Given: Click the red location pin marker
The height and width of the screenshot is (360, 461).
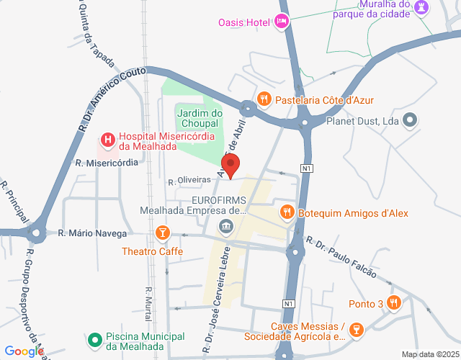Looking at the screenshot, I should coord(231,166).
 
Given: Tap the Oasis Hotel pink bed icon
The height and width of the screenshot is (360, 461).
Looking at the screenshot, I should coord(282,22).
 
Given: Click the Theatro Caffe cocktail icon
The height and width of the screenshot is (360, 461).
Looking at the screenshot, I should coord(163,233).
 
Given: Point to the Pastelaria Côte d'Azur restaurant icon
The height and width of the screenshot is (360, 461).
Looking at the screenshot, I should coord(265,99).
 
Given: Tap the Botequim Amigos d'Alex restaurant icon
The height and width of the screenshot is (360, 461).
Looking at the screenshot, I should coord(287,212).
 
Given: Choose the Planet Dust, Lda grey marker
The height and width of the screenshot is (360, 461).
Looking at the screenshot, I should coord(411,121).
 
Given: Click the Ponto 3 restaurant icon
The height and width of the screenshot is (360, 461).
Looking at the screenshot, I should coord(393,302).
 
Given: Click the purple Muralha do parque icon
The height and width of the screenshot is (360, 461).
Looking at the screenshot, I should coord(424,9).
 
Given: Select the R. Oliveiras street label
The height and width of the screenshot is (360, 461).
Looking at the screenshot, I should coord(189,181).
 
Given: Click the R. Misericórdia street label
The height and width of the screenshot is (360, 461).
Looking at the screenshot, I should coord(106,163).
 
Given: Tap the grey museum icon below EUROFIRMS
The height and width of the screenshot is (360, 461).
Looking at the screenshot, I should coord(226,228).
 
